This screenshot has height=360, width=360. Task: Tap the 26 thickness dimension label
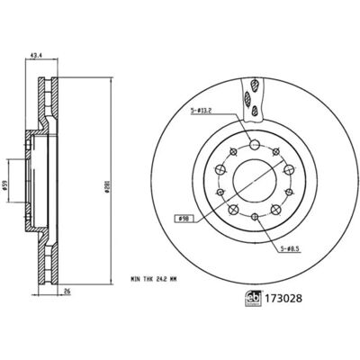pyautogui.click(x=67, y=291)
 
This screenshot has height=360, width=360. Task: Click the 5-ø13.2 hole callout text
pyautogui.click(x=202, y=111)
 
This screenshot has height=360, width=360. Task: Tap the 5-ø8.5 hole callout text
pyautogui.click(x=290, y=248)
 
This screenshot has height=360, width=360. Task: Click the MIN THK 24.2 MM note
pyautogui.click(x=153, y=279)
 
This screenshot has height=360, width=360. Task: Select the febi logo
pyautogui.click(x=254, y=299)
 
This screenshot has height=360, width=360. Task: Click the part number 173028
pyautogui.click(x=283, y=299)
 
